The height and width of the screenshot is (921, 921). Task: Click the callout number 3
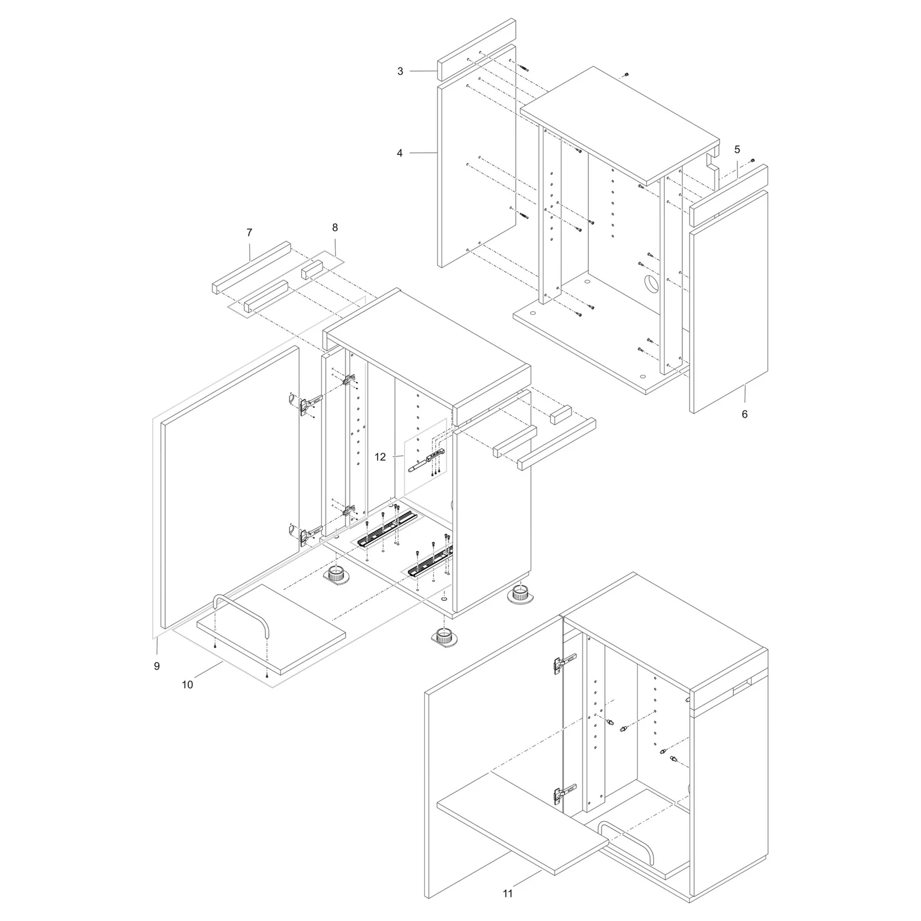[x=400, y=71]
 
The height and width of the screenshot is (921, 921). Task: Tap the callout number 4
[x=399, y=153]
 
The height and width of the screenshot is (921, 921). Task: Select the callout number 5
[x=737, y=150]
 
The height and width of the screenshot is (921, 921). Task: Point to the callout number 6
[x=744, y=414]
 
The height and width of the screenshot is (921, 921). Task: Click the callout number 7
[x=249, y=233]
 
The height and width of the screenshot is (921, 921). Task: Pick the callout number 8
[x=335, y=227]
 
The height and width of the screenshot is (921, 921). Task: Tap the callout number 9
[x=157, y=666]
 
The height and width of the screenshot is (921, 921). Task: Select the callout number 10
[x=187, y=684]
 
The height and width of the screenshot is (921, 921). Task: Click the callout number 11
[x=507, y=893]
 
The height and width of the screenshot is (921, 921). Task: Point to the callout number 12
[x=380, y=457]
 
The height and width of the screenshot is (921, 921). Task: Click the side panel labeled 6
[x=729, y=302]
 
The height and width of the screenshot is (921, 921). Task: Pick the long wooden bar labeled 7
[x=252, y=268]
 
